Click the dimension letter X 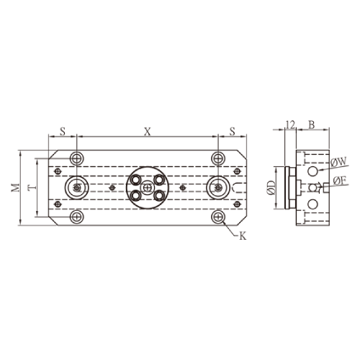(x=148, y=132)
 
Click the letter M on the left (x=16, y=187)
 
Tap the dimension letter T (x=32, y=187)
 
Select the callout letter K (x=243, y=236)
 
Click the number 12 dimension (x=290, y=125)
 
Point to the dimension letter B (x=311, y=125)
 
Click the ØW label (x=338, y=162)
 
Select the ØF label (x=340, y=181)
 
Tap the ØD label (x=271, y=187)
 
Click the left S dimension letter (x=63, y=131)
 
